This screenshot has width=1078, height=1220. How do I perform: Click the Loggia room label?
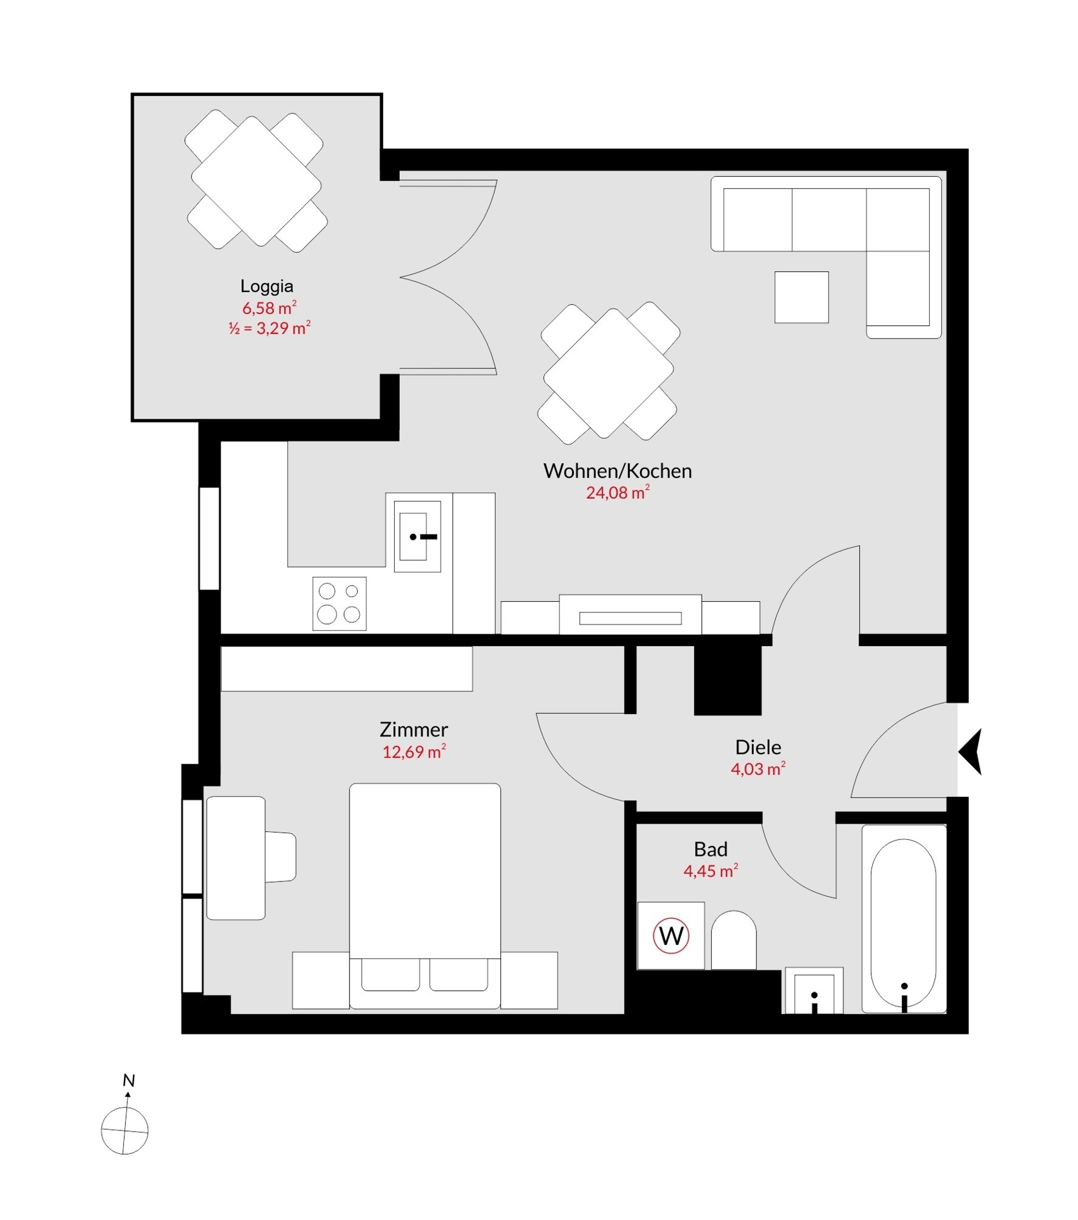pos(266,286)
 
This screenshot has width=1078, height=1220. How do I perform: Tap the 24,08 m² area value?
pos(617,492)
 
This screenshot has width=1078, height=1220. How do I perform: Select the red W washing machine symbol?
pos(671,936)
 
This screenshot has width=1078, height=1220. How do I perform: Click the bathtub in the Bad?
pos(903,918)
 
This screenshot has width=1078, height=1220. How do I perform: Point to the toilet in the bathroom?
pos(733,941)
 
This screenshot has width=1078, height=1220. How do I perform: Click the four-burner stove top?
pos(339,603)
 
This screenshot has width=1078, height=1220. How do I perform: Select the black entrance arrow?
pos(971,752)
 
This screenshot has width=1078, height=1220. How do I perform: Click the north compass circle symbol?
pos(125,1131)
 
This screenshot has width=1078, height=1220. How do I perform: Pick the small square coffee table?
pos(802,297)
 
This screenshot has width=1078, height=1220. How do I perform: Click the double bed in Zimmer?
pos(425,890)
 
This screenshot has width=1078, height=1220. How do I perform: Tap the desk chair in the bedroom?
pos(280,857)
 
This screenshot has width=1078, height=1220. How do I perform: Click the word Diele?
pos(758,747)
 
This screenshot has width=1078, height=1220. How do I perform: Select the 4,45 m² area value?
pos(710,871)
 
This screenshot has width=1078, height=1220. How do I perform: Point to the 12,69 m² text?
pos(414,752)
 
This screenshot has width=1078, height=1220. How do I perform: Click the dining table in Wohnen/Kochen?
pos(608,374)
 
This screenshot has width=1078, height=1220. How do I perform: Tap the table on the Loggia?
pos(256,181)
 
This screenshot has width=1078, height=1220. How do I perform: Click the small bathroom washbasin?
pos(814,991)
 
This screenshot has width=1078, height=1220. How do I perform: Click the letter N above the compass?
pos(129,1080)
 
